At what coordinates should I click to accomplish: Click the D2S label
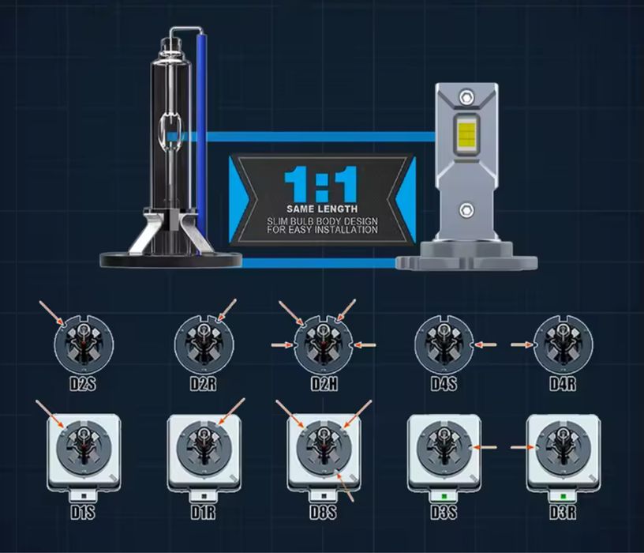coord(83,384)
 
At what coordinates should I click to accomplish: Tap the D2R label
coord(203,384)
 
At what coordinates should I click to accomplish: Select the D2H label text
coord(324,384)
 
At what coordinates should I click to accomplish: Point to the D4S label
coord(444,384)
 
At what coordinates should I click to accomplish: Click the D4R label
coord(563,384)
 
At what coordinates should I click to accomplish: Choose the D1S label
coord(83,512)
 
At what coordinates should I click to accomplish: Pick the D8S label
coord(324,512)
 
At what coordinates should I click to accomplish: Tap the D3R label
coord(563,512)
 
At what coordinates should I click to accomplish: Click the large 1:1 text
coord(321,184)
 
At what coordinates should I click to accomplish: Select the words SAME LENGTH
coord(322,209)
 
